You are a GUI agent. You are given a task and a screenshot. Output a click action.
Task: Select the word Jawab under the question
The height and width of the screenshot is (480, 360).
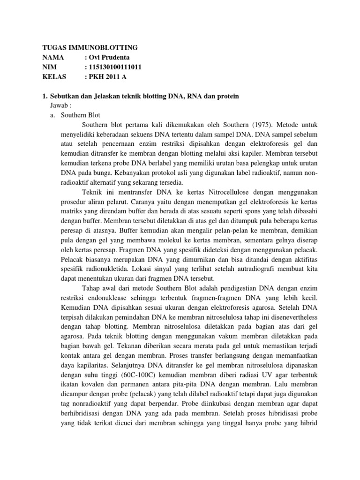[59, 105]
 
